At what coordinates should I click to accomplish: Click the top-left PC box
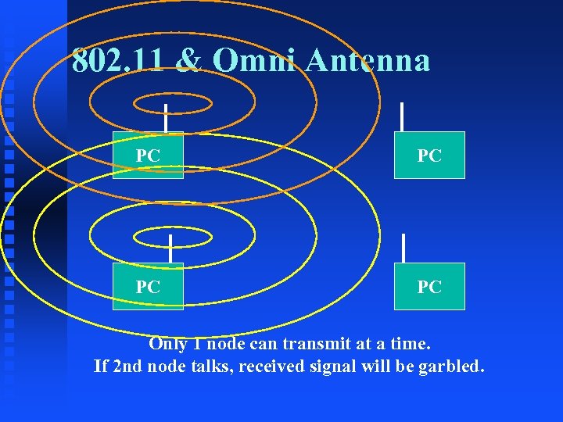(x=148, y=156)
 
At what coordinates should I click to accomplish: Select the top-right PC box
(x=429, y=156)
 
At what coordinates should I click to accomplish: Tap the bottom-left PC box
(x=148, y=287)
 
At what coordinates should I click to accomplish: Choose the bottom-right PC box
(x=429, y=287)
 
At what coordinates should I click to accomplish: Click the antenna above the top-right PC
(x=402, y=116)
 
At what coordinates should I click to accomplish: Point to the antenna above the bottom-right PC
(x=403, y=248)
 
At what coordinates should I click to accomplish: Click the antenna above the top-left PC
(x=166, y=117)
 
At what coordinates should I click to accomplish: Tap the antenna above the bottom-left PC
(x=170, y=249)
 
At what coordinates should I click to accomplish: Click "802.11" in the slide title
(x=117, y=60)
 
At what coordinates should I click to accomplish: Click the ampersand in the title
(x=187, y=60)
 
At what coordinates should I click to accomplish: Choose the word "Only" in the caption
(x=167, y=343)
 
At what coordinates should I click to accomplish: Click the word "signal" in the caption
(x=332, y=364)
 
